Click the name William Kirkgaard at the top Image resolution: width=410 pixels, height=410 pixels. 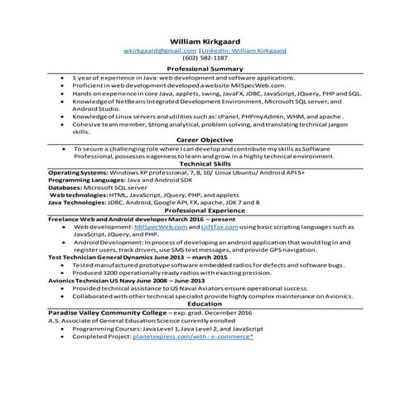pos(205,40)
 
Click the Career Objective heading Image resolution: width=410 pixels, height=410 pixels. pos(205,140)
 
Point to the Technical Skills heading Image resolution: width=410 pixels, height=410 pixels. pos(205,164)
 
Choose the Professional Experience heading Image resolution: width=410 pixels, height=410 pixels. pos(205,211)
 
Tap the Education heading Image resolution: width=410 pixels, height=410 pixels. pos(205,304)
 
